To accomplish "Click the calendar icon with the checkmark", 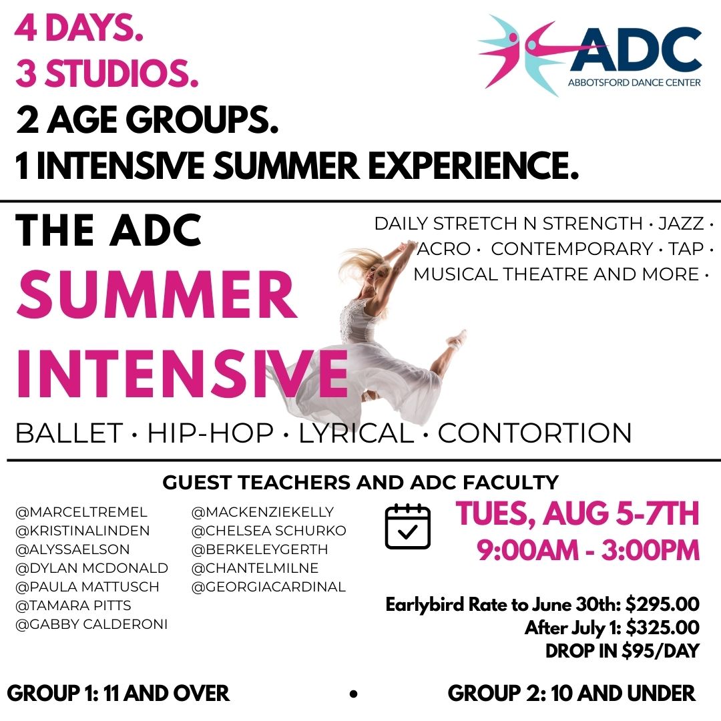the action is click(x=407, y=527).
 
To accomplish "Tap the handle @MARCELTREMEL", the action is click(x=81, y=512).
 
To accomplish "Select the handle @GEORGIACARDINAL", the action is click(x=268, y=587).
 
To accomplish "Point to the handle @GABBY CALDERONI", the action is click(x=91, y=624).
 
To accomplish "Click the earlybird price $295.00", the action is click(x=662, y=604).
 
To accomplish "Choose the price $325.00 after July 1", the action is click(x=663, y=627).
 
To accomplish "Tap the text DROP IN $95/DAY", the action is click(x=622, y=651).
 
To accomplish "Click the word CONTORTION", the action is click(x=535, y=433).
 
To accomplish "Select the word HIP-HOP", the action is click(x=210, y=433).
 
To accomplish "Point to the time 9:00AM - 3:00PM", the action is click(x=588, y=550).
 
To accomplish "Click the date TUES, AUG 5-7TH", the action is click(x=577, y=513).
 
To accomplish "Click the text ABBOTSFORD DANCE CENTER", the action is click(x=634, y=83).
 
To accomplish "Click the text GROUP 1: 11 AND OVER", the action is click(x=118, y=694).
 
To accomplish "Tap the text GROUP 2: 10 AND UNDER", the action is click(x=571, y=694).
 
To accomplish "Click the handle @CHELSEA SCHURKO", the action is click(x=268, y=531).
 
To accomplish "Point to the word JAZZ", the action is click(x=681, y=224).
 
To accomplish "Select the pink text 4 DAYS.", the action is click(x=79, y=29).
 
